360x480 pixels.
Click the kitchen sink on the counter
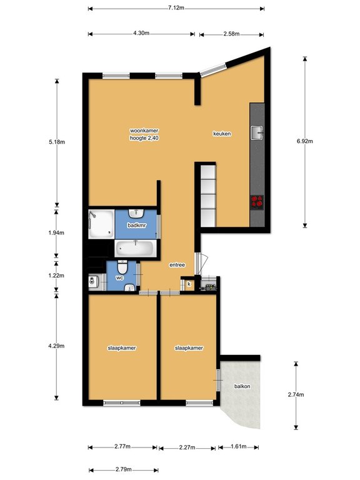tap(257, 133)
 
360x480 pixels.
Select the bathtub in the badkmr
tap(135, 249)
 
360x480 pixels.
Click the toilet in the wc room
tap(122, 267)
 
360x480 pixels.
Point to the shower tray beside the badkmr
tap(101, 224)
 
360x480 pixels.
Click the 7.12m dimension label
tap(176, 7)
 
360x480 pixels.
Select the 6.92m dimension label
tap(304, 141)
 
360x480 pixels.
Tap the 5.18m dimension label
tap(57, 142)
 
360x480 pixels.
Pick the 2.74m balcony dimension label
tap(296, 394)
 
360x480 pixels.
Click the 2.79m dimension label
tap(123, 469)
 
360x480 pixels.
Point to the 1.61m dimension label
tap(239, 446)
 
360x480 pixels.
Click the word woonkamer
tap(144, 131)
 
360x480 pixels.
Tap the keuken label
tap(222, 134)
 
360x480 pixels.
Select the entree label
tap(177, 265)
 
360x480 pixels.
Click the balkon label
tap(242, 386)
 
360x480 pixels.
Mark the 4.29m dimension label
tap(56, 346)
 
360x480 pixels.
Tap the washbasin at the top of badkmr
tap(136, 212)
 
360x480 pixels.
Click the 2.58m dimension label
tap(231, 34)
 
